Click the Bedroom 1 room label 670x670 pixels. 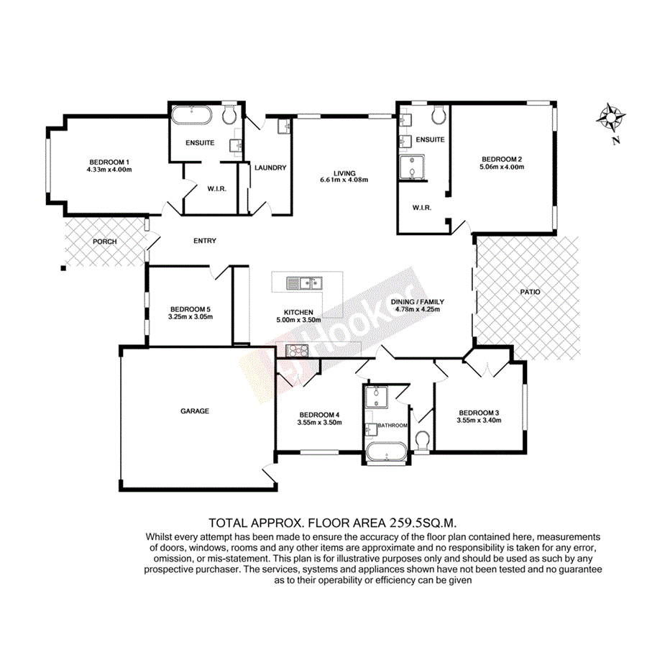pyautogui.click(x=109, y=161)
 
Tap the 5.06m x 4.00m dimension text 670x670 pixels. pyautogui.click(x=502, y=167)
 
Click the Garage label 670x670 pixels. pyautogui.click(x=194, y=411)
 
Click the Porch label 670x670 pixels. pyautogui.click(x=104, y=242)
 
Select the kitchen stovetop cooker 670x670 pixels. pyautogui.click(x=297, y=351)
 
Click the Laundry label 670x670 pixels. pyautogui.click(x=270, y=167)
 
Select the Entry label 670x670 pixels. pyautogui.click(x=205, y=241)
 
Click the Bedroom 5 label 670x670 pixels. pyautogui.click(x=190, y=308)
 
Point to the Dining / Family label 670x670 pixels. pyautogui.click(x=417, y=302)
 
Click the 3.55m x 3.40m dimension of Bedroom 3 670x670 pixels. pyautogui.click(x=479, y=421)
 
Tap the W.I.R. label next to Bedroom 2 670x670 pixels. pyautogui.click(x=421, y=208)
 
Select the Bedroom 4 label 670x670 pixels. pyautogui.click(x=319, y=415)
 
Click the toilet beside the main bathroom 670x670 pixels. pyautogui.click(x=422, y=439)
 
